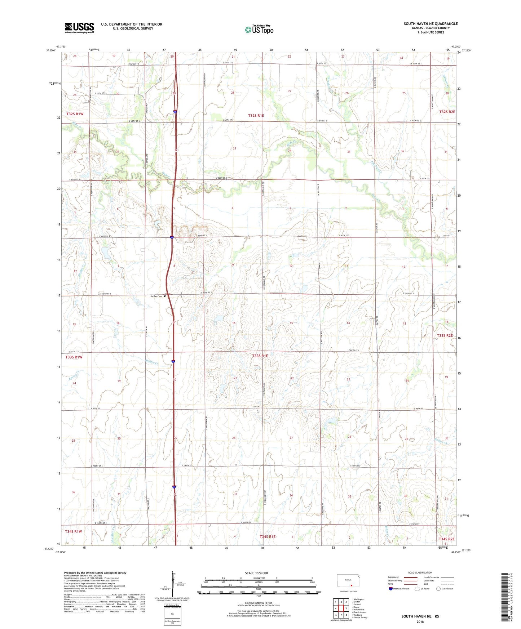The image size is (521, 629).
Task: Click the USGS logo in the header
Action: pos(79,28)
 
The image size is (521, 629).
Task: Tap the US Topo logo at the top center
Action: pos(259,30)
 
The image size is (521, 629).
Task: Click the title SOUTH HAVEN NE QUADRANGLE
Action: pos(431,24)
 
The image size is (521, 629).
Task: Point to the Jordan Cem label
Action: pos(156,296)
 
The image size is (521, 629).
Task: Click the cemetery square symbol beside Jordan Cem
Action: pos(165,297)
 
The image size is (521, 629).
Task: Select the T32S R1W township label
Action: pos(75,114)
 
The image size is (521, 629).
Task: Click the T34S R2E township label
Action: pos(447,539)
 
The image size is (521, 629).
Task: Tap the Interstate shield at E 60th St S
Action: pos(172,237)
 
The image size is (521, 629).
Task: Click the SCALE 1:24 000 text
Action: pos(256,573)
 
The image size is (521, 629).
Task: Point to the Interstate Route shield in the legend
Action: pos(391,588)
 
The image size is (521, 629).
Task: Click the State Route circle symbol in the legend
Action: pos(438,588)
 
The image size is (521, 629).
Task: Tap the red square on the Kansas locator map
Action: pos(351,585)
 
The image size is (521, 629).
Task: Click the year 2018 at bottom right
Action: pos(420,621)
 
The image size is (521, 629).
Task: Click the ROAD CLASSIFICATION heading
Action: pos(420,572)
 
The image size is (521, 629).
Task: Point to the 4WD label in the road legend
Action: pos(427,584)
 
